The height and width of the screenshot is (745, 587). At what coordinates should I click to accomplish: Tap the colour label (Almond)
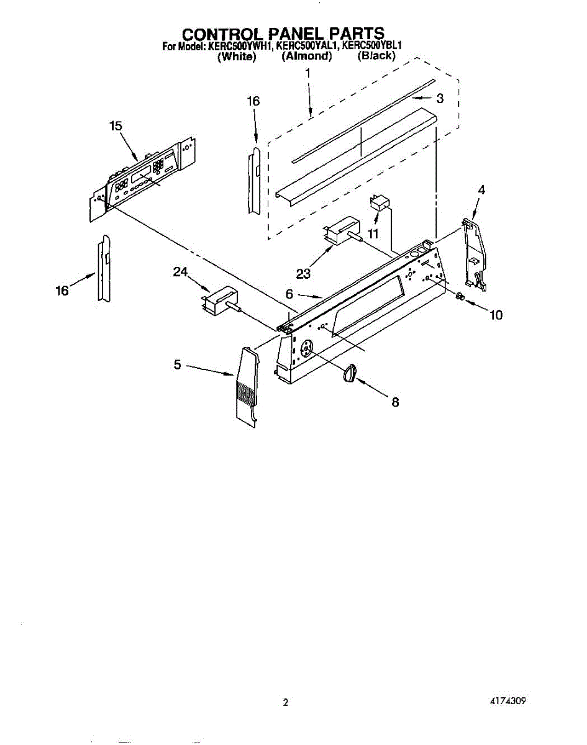(x=307, y=56)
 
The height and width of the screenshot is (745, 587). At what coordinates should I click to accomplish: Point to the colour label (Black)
(x=376, y=55)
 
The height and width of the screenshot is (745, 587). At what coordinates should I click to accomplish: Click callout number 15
(x=116, y=126)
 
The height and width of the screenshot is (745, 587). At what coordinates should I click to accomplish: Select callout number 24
(x=180, y=272)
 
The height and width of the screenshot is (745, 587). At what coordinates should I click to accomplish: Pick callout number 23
(x=304, y=274)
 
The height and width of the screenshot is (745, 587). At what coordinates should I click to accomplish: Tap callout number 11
(x=373, y=234)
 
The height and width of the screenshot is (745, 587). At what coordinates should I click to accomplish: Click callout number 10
(x=495, y=315)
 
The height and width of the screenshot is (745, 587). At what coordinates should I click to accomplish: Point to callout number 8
(x=394, y=402)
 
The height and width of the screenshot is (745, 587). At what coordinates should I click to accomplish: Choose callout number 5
(x=178, y=365)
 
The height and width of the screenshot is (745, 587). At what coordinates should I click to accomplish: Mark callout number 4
(x=481, y=191)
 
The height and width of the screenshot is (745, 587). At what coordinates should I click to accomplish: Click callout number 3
(x=439, y=98)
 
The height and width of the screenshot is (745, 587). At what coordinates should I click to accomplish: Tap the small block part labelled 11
(x=378, y=203)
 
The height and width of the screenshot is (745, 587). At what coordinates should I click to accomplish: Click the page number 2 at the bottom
(x=286, y=703)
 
